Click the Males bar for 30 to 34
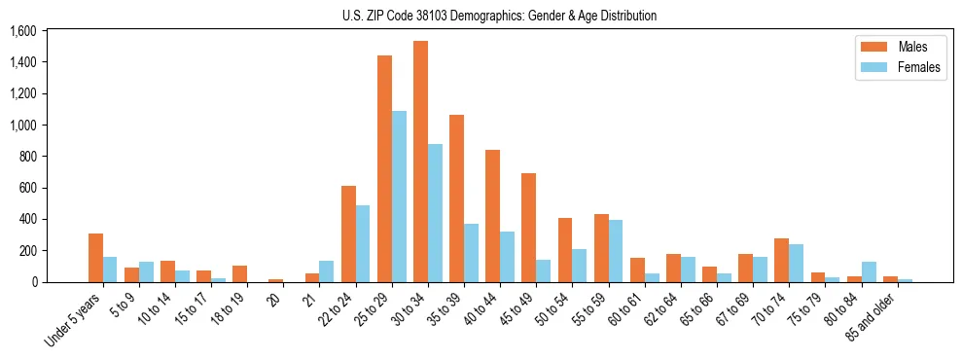coord(420,162)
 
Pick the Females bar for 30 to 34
coord(435,213)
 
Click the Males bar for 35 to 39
coord(456,198)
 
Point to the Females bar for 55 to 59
coord(615,251)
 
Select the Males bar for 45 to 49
coord(528,228)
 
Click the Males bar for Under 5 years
coord(95,258)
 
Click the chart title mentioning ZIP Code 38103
coord(499,16)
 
